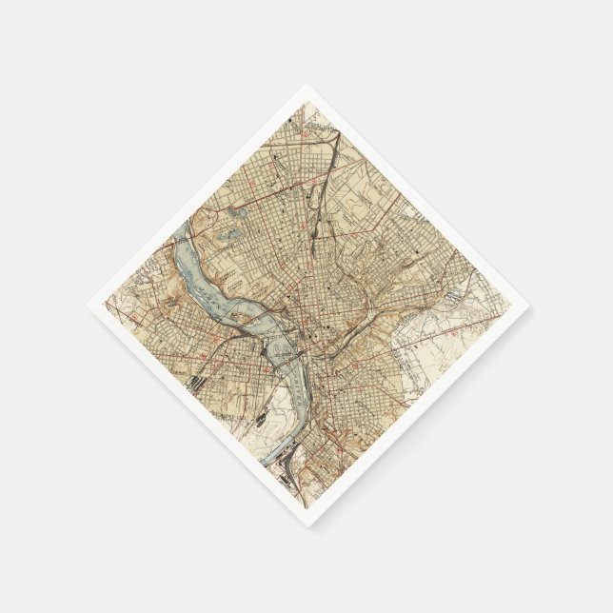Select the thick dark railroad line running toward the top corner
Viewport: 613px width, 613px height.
[x=323, y=181]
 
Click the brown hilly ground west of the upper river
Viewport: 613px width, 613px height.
[x=167, y=286]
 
